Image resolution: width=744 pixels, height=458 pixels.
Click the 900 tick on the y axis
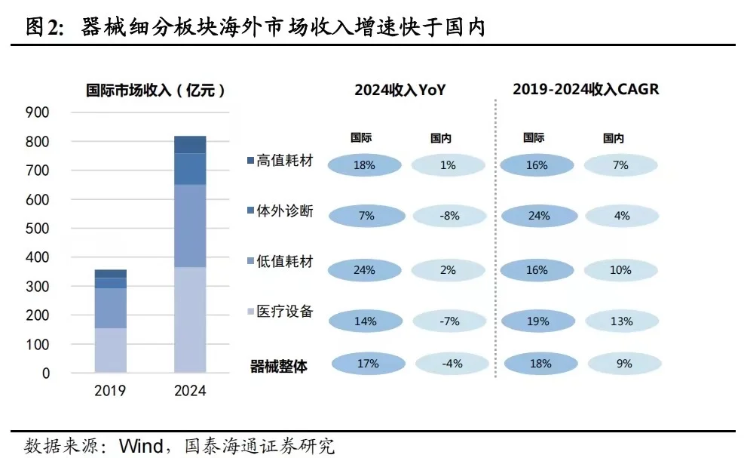click(37, 113)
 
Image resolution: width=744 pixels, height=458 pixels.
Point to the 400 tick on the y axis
click(37, 257)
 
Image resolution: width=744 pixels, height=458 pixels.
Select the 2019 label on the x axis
click(110, 391)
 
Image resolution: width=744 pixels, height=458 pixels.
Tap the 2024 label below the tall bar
click(189, 391)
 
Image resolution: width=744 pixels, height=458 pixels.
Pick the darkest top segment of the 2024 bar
click(190, 144)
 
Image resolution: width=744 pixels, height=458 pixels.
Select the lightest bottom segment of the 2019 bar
click(110, 350)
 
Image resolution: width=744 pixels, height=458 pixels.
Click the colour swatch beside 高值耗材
click(250, 161)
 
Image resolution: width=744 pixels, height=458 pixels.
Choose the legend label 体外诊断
click(284, 211)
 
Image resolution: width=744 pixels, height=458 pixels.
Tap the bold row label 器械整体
click(278, 367)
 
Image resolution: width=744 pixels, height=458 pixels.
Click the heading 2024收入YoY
click(400, 90)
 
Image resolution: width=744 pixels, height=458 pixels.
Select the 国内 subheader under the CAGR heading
click(614, 138)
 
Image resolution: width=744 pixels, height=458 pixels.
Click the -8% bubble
click(448, 216)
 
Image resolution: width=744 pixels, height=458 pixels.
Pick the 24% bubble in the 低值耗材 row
click(366, 269)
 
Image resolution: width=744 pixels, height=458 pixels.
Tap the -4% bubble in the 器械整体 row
click(451, 364)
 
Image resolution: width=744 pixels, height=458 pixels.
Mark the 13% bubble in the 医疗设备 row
click(621, 321)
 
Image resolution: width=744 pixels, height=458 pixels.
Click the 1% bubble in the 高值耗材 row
click(448, 164)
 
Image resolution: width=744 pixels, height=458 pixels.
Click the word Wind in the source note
click(140, 446)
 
